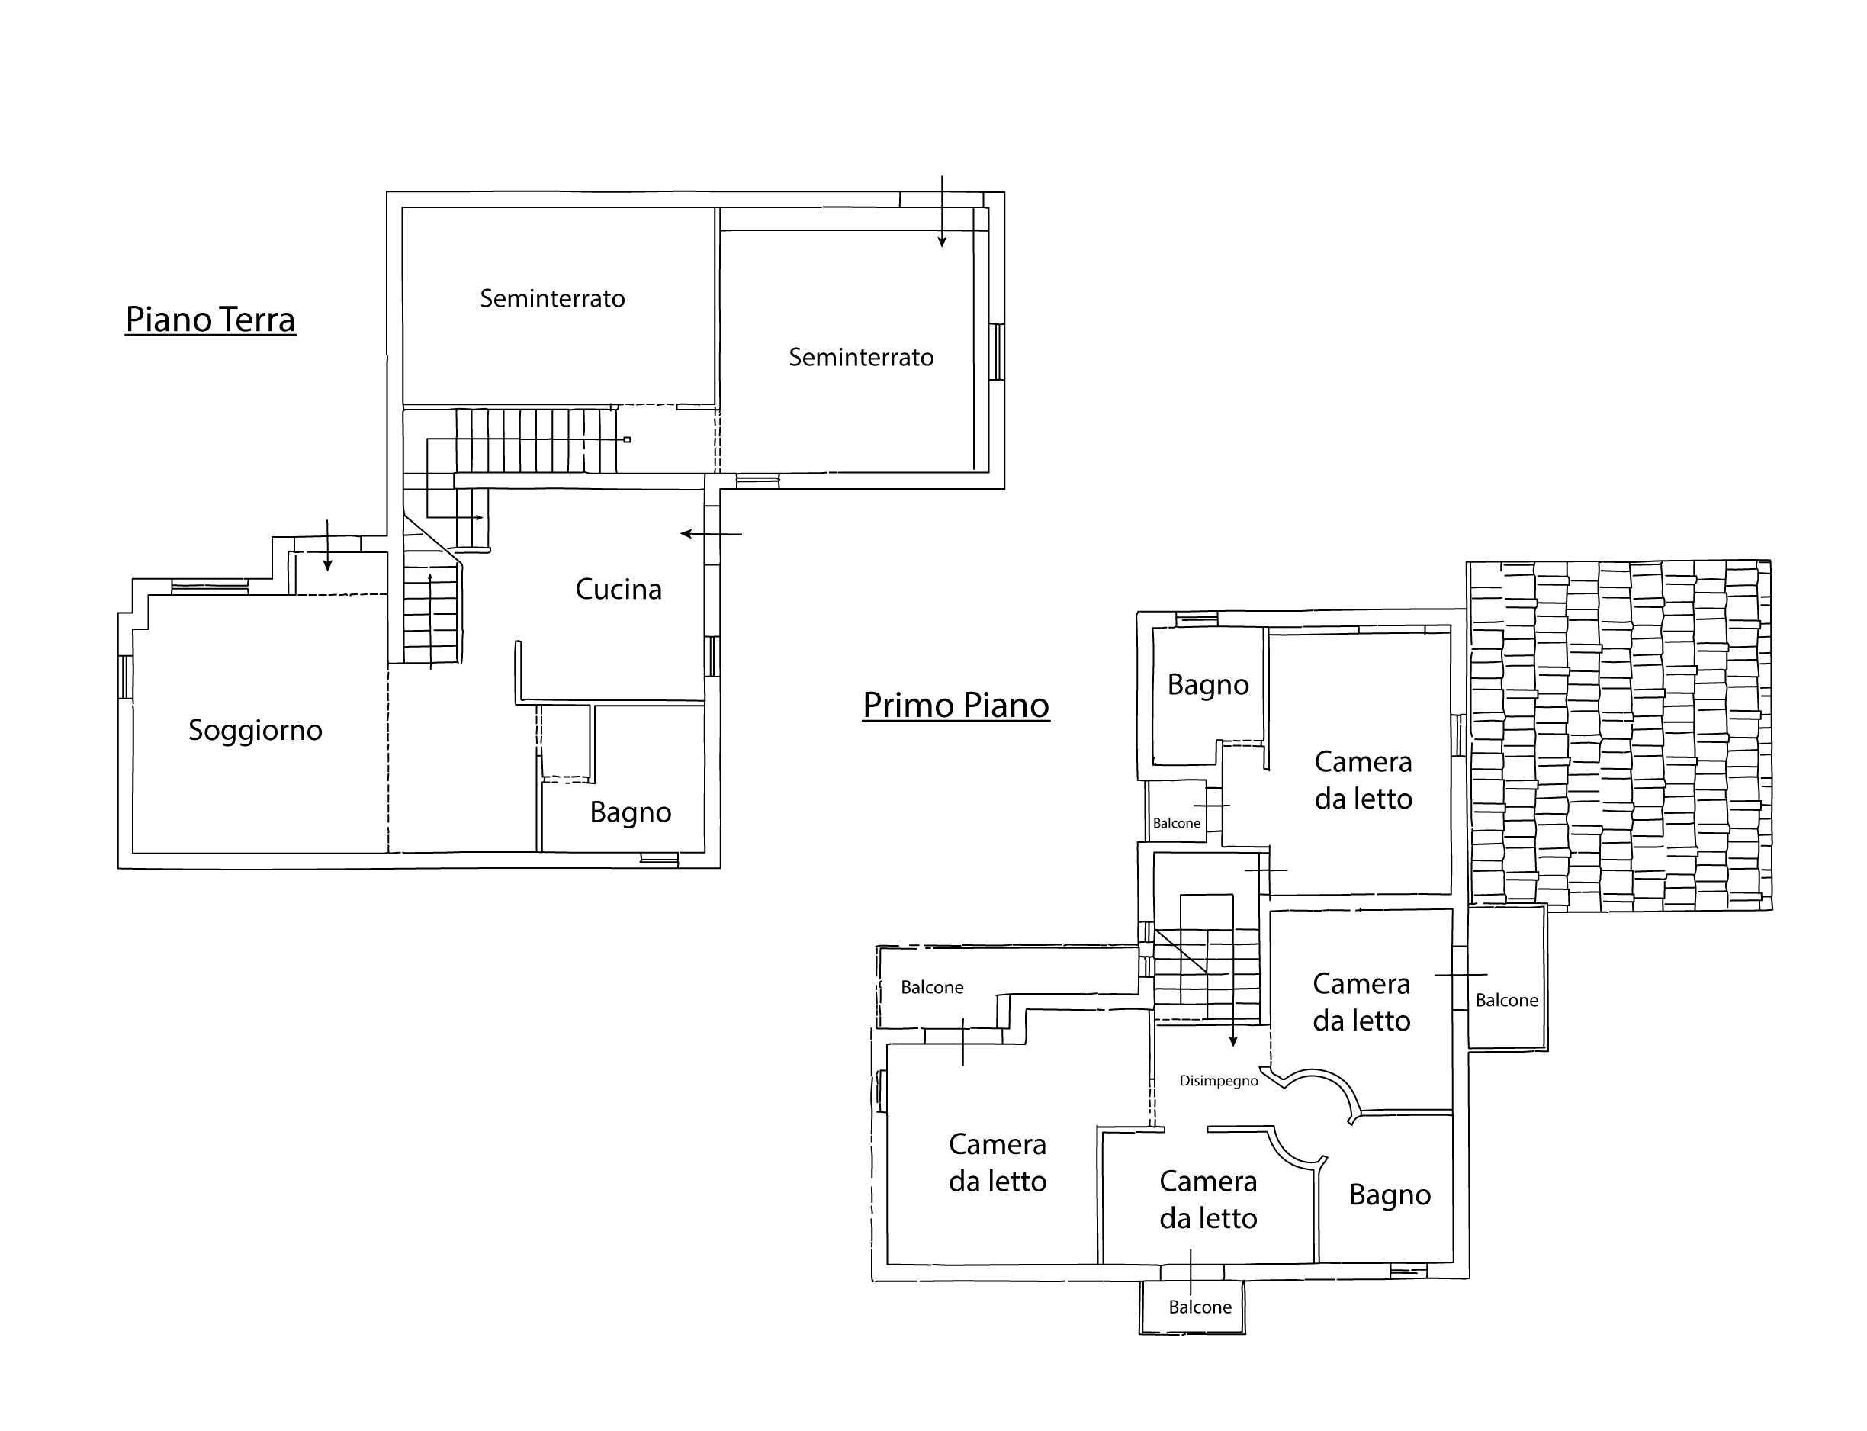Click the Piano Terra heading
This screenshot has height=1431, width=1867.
210,320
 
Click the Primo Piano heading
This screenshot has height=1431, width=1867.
956,706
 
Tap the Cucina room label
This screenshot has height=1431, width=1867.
619,590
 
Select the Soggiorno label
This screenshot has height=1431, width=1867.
255,731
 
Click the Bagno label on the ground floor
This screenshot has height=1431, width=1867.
630,812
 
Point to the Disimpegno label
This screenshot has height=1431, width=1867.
1219,1081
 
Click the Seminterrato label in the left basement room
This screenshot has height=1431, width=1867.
552,298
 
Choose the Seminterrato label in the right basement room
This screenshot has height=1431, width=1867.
861,357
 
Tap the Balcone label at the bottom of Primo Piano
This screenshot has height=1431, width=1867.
1200,1307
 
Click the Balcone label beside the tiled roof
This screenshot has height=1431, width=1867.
1507,1000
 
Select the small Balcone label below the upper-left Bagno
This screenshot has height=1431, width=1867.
1176,823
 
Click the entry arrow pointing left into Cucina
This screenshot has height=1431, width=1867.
712,534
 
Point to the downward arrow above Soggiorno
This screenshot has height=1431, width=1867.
327,545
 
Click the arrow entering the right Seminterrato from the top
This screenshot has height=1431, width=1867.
942,211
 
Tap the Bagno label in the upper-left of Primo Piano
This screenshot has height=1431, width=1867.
1208,685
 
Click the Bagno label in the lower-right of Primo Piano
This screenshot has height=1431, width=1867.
1390,1195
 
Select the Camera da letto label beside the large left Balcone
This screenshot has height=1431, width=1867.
998,1162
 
